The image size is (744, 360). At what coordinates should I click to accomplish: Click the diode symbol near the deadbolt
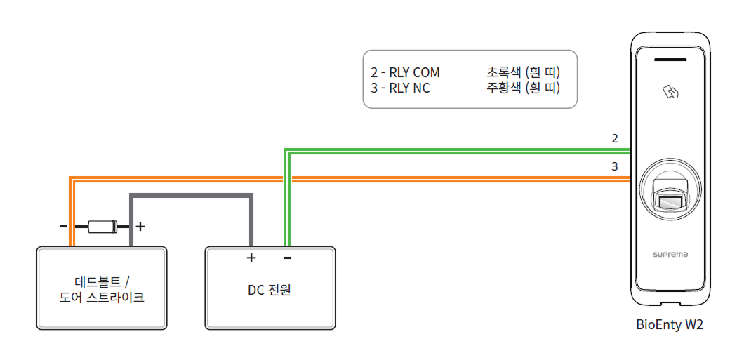[102, 227]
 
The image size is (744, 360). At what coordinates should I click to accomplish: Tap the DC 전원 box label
[269, 290]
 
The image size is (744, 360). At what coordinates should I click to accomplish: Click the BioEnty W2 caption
[669, 325]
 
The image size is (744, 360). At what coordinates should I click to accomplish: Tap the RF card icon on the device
[671, 91]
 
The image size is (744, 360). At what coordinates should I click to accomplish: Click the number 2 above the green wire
[615, 138]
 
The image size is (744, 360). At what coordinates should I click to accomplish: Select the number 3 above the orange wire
[615, 167]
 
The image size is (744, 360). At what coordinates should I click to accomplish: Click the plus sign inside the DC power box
[251, 258]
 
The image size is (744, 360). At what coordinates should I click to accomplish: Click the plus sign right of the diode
[140, 227]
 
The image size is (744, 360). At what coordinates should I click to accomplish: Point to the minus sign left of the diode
[62, 227]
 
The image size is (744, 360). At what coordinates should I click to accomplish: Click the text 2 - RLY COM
[405, 73]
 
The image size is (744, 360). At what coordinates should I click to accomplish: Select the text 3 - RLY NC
[400, 88]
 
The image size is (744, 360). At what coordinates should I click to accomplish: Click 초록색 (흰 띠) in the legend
[522, 73]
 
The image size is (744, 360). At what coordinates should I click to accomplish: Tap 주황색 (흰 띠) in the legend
[522, 88]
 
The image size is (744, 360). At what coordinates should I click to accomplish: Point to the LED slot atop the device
[670, 60]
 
